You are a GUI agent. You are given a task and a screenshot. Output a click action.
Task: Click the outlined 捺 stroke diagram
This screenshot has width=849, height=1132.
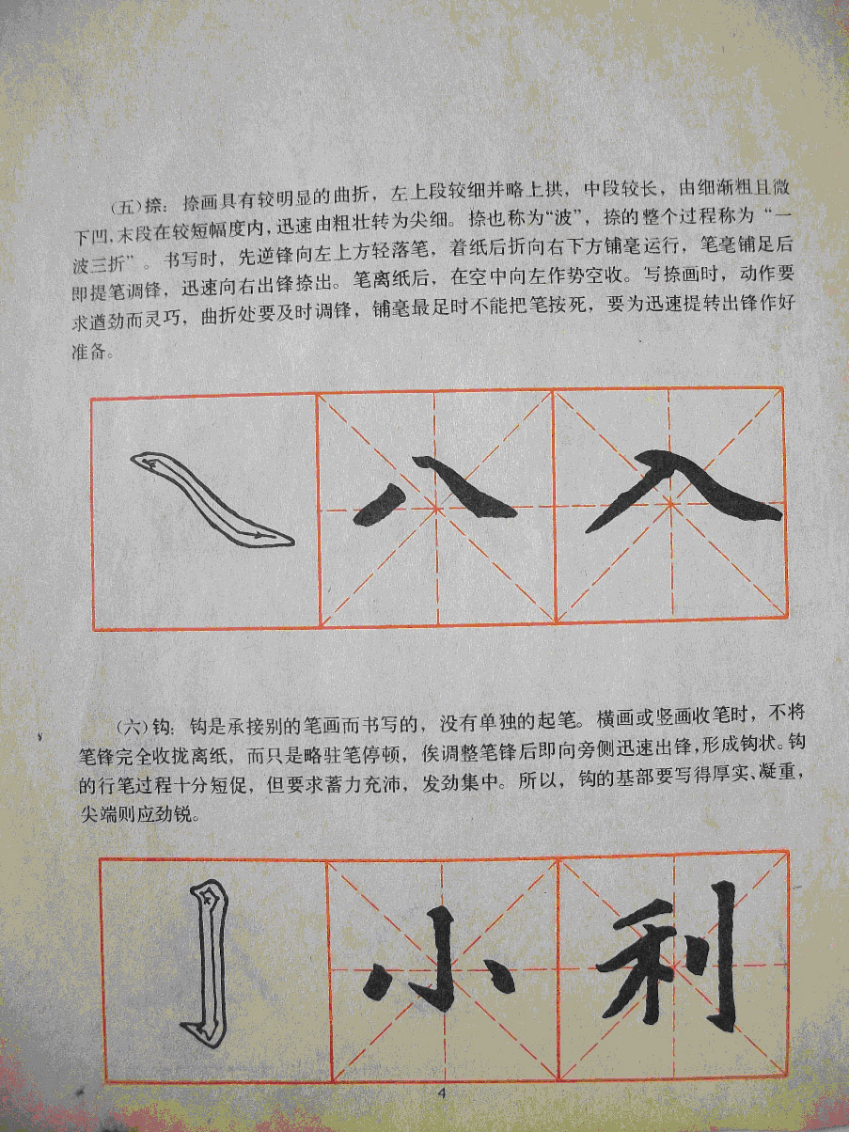pyautogui.click(x=212, y=498)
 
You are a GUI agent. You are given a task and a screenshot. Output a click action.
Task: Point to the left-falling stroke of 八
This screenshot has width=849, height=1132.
pyautogui.click(x=380, y=505)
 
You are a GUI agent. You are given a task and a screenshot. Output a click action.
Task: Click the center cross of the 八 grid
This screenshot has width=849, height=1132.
pyautogui.click(x=436, y=509)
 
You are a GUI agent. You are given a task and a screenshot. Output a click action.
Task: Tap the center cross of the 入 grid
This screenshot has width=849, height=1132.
pyautogui.click(x=670, y=503)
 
